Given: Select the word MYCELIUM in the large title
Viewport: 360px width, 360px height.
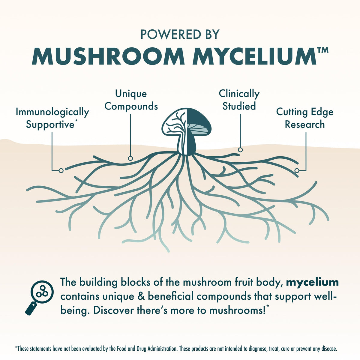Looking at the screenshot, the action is pyautogui.click(x=254, y=56).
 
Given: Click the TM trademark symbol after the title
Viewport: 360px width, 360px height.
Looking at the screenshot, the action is pyautogui.click(x=322, y=50).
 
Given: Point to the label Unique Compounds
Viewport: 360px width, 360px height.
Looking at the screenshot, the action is pyautogui.click(x=131, y=100).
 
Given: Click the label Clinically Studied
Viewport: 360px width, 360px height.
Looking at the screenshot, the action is pyautogui.click(x=239, y=100).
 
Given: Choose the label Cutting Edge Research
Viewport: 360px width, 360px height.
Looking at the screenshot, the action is pyautogui.click(x=305, y=118).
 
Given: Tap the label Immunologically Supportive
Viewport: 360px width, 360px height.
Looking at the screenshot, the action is pyautogui.click(x=52, y=118).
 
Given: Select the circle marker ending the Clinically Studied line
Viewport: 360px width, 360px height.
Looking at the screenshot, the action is pyautogui.click(x=240, y=150).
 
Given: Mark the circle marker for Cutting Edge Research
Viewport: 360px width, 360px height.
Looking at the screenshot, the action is pyautogui.click(x=297, y=171).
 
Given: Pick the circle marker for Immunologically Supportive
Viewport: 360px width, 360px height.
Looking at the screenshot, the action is pyautogui.click(x=61, y=171).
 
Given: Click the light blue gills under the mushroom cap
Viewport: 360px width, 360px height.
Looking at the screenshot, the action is pyautogui.click(x=198, y=129).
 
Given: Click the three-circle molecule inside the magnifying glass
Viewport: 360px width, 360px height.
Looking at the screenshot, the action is pyautogui.click(x=42, y=292).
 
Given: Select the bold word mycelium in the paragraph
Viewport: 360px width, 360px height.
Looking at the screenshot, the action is pyautogui.click(x=312, y=283).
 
